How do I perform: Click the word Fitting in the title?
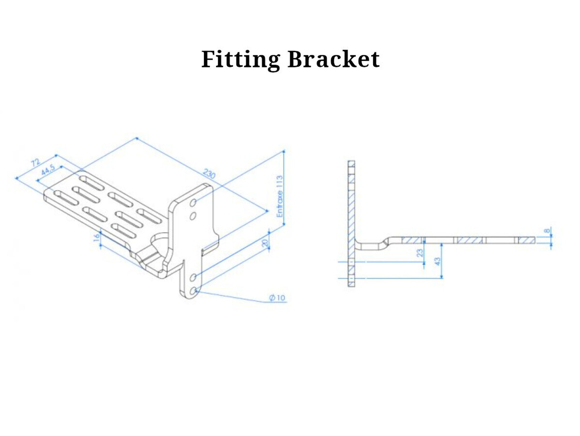coord(240,60)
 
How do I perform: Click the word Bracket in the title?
coord(333,59)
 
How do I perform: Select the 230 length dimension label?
coord(209,173)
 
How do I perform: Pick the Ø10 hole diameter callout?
coord(278,297)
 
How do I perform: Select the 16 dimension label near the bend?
coord(96,237)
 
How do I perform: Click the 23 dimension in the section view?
coord(420,252)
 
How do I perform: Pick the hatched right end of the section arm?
coord(526,240)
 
